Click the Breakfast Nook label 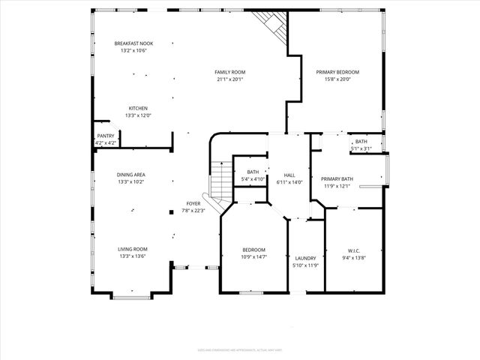(x=134, y=43)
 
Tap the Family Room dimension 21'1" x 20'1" (x=230, y=79)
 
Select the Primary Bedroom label (x=341, y=72)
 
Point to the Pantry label (x=106, y=136)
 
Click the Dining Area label (x=131, y=174)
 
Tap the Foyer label (x=193, y=203)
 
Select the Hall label (x=289, y=175)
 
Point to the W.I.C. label (x=354, y=250)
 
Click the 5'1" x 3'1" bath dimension (x=361, y=148)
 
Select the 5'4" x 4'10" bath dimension (x=253, y=180)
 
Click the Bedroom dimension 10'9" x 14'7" (x=253, y=257)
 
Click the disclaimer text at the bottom (x=239, y=349)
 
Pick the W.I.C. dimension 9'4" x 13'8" (x=354, y=257)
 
